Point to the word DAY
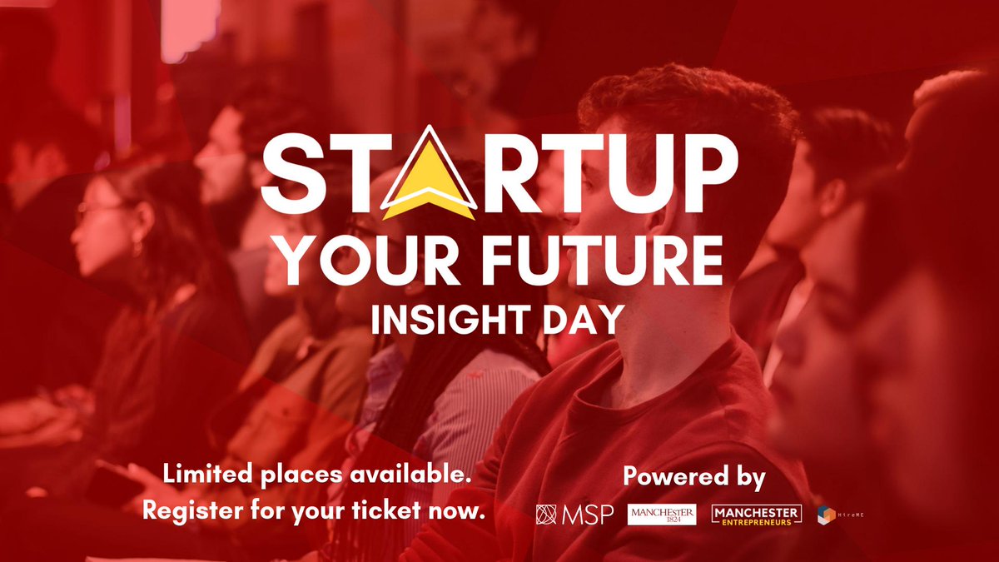tap(584, 320)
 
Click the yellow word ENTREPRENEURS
tap(757, 521)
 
